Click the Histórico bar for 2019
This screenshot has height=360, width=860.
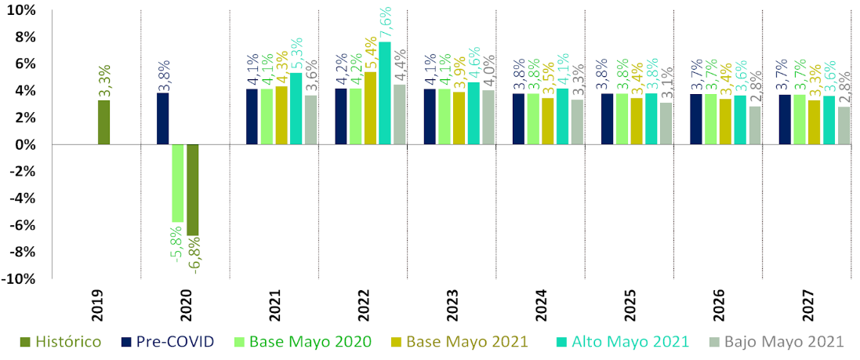coord(103,122)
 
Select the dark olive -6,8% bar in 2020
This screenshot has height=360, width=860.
coord(192,189)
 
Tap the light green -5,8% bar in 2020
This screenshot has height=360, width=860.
coord(177,183)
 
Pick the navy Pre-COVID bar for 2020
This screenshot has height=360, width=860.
coord(162,119)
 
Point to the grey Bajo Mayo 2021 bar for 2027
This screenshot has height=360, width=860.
coord(844,125)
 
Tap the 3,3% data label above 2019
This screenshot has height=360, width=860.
coord(104,82)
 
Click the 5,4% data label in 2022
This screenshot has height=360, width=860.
coord(370,53)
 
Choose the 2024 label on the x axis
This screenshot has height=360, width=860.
coord(540,307)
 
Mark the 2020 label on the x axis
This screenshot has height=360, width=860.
coord(185,307)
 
